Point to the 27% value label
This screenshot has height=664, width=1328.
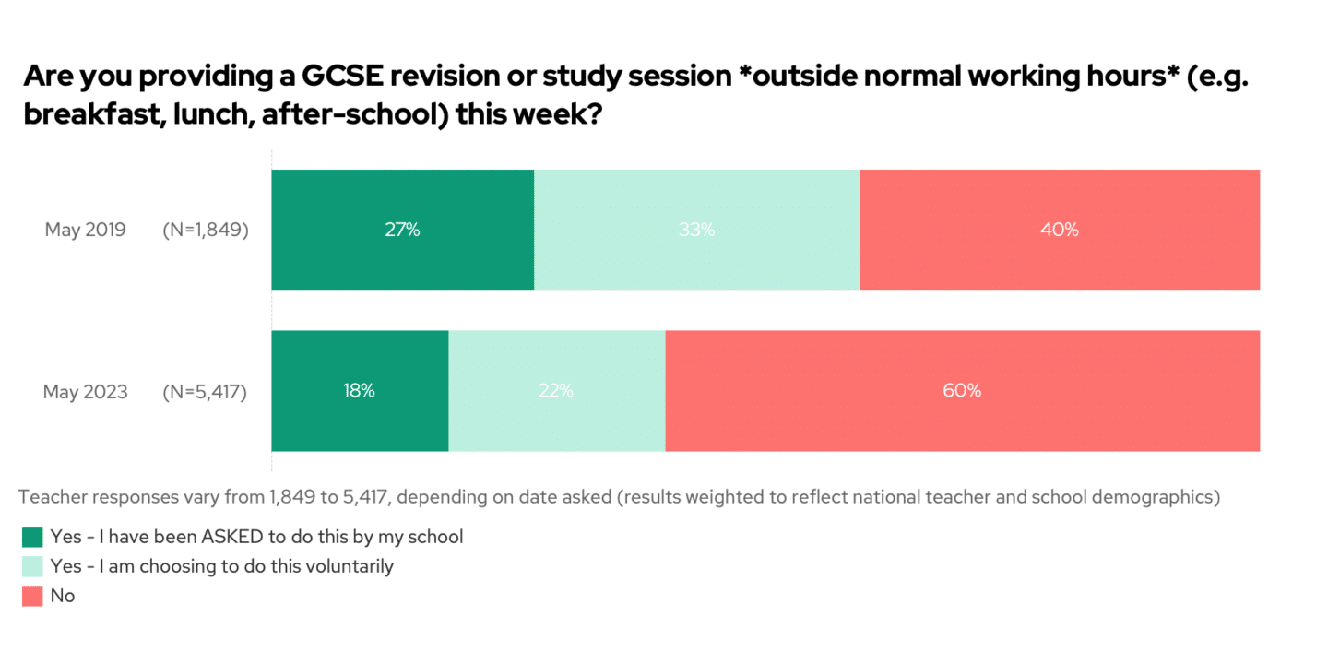pyautogui.click(x=402, y=231)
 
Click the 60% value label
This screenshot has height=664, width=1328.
pyautogui.click(x=962, y=391)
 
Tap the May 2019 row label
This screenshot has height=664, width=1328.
pyautogui.click(x=86, y=231)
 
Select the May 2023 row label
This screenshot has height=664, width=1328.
pyautogui.click(x=86, y=392)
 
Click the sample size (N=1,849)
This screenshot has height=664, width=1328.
pyautogui.click(x=205, y=231)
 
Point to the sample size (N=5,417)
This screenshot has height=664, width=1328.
pyautogui.click(x=205, y=392)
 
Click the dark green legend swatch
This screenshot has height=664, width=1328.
pyautogui.click(x=32, y=537)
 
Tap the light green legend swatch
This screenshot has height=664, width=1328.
pyautogui.click(x=32, y=566)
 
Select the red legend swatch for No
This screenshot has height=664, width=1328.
pyautogui.click(x=32, y=597)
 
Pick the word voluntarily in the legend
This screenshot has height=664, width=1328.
pyautogui.click(x=348, y=566)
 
